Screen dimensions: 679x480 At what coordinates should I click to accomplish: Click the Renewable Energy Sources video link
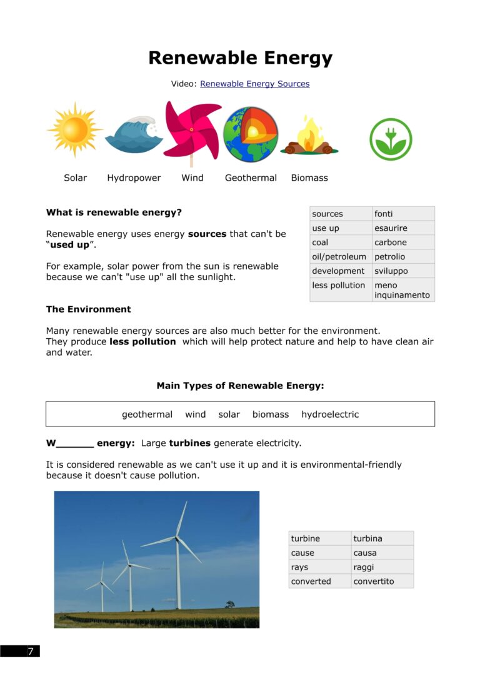[254, 84]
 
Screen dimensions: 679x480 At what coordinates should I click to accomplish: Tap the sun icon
[74, 130]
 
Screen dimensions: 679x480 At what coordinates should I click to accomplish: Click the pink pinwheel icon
[192, 130]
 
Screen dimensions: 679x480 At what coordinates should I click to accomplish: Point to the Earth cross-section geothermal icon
[251, 134]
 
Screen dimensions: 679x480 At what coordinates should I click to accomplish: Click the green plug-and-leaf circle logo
[391, 139]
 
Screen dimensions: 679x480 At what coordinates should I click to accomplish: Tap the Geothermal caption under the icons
[251, 178]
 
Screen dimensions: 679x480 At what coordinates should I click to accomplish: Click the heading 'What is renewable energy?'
[114, 213]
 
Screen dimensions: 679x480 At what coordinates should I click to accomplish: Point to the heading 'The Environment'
[88, 309]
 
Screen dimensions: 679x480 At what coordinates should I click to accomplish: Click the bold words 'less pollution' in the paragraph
[142, 342]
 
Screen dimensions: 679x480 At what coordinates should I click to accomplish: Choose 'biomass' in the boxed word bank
[270, 415]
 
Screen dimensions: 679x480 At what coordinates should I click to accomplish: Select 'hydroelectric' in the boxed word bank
[330, 415]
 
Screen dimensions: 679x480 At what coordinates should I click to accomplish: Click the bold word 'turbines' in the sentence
[190, 443]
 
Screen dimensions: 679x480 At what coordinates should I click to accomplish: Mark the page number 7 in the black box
[29, 651]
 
